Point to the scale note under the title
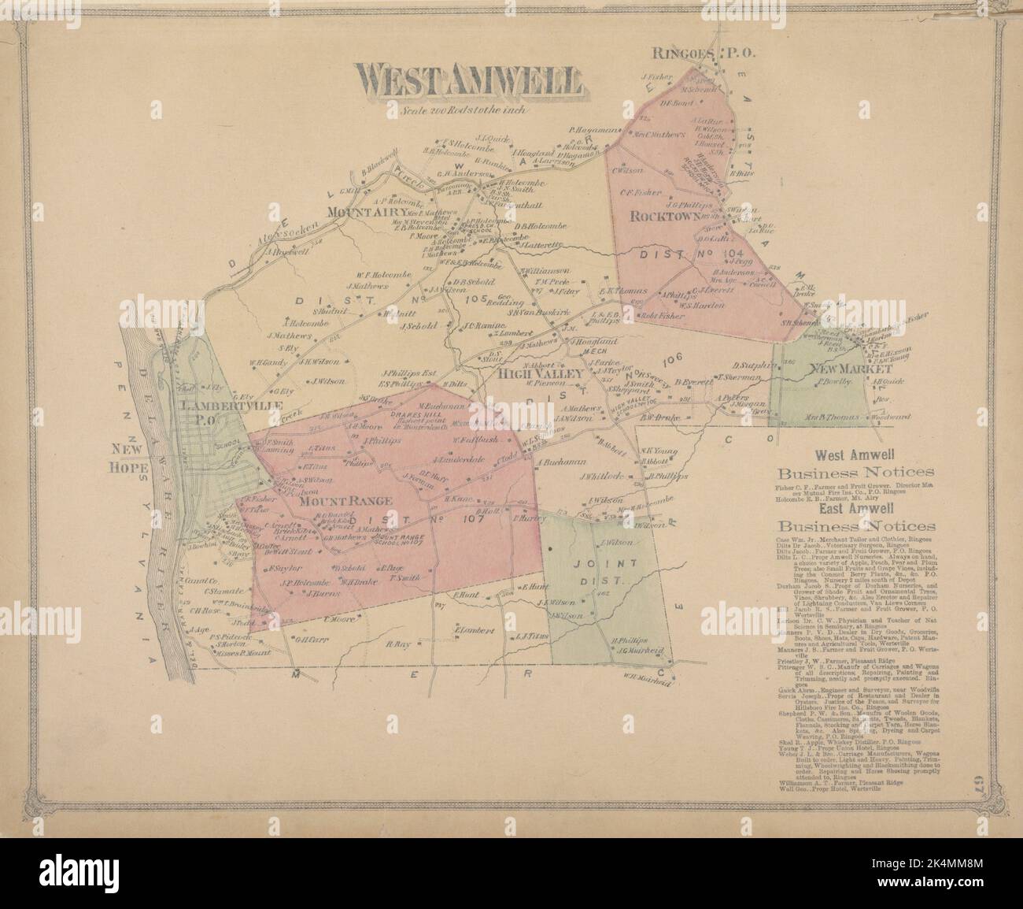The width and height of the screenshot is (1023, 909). (x=465, y=111)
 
